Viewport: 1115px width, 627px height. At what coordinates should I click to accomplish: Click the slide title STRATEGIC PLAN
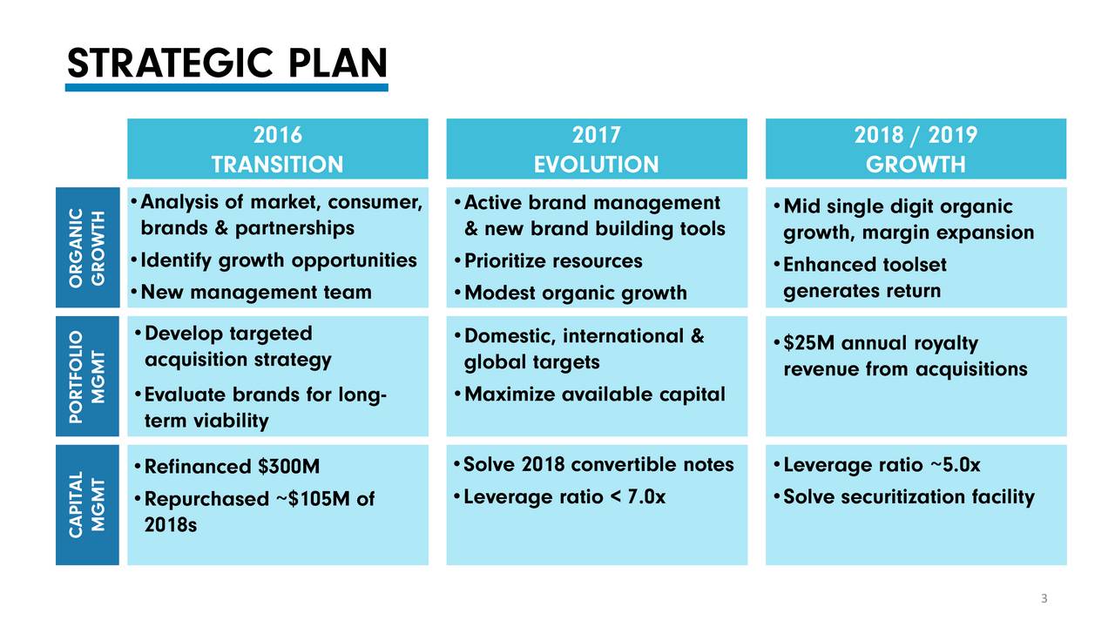click(x=227, y=64)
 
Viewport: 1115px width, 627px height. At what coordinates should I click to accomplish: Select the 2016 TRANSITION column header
click(x=278, y=149)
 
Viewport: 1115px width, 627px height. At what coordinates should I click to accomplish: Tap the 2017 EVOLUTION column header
click(x=597, y=149)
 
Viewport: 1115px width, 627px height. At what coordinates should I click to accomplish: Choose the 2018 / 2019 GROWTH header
click(x=916, y=149)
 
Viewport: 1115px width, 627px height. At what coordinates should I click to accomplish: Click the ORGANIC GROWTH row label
click(x=88, y=247)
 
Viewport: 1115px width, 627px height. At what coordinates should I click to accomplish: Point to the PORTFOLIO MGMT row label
click(x=88, y=376)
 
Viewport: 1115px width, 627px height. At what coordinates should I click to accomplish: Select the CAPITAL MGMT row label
click(x=88, y=504)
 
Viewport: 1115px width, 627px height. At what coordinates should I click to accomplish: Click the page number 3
click(x=1044, y=598)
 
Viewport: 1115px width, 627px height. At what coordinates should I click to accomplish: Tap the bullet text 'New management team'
click(x=256, y=292)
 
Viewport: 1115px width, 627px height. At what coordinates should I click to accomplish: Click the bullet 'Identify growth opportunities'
click(x=279, y=260)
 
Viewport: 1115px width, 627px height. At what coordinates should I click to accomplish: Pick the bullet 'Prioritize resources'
click(x=553, y=261)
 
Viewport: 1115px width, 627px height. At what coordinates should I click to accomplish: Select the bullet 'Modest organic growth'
click(x=576, y=293)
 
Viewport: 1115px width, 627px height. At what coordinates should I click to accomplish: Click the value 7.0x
click(x=646, y=496)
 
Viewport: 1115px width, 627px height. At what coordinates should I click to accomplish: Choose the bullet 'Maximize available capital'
click(x=594, y=394)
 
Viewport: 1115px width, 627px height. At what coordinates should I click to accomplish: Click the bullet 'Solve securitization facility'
click(x=909, y=497)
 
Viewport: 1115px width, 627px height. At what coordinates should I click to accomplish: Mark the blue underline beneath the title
click(x=226, y=88)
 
